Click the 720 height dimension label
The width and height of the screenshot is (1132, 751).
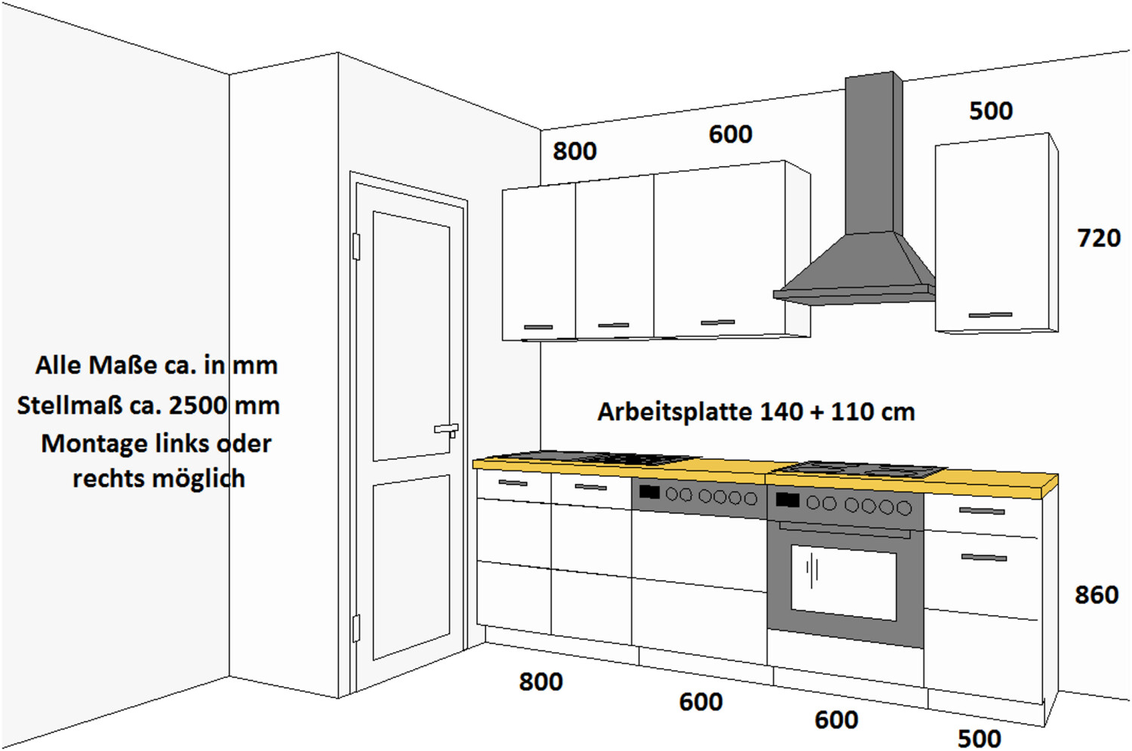click(1099, 238)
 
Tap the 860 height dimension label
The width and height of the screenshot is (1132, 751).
click(1097, 595)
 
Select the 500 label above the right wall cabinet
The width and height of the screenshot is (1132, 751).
click(991, 111)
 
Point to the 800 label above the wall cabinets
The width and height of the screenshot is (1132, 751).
click(574, 151)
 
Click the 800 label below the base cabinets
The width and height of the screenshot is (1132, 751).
click(541, 682)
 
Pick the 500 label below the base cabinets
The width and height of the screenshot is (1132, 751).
click(980, 739)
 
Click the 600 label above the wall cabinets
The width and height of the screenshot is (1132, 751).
click(731, 134)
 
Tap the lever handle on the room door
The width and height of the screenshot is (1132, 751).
click(447, 430)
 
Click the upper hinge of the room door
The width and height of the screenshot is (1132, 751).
click(356, 247)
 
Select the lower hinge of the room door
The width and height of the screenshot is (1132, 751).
click(355, 628)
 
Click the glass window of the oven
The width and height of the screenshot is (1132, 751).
click(844, 582)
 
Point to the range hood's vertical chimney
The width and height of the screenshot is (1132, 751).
click(873, 153)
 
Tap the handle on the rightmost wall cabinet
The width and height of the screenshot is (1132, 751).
click(990, 315)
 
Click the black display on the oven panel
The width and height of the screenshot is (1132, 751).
click(787, 500)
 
